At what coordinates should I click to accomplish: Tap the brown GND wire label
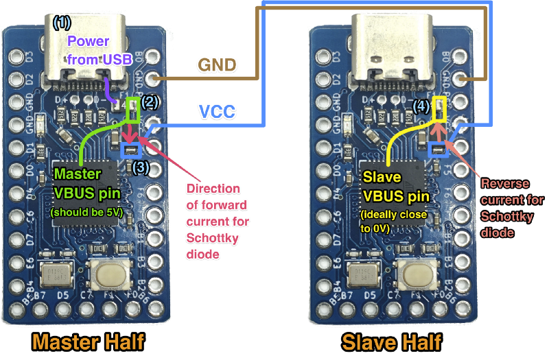point(217,65)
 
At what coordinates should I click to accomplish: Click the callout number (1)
point(61,23)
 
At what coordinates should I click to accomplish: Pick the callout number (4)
point(422,106)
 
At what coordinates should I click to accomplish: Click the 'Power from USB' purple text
point(95,51)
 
